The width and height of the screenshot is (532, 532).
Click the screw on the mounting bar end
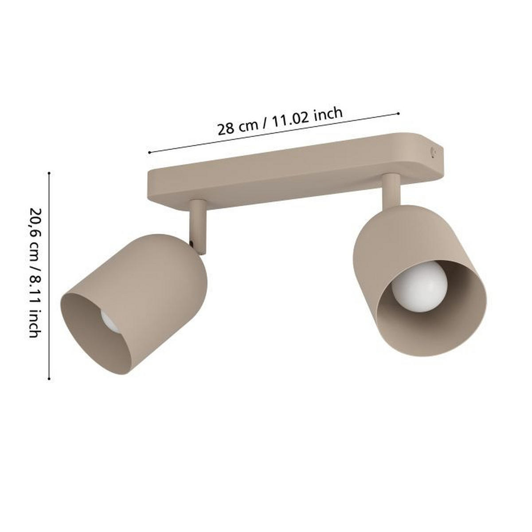pyautogui.click(x=433, y=152)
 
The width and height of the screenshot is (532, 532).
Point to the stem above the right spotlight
pyautogui.click(x=391, y=191)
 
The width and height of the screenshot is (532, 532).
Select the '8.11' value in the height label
pyautogui.click(x=35, y=290)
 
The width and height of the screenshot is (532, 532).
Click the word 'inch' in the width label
pyautogui.click(x=327, y=114)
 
